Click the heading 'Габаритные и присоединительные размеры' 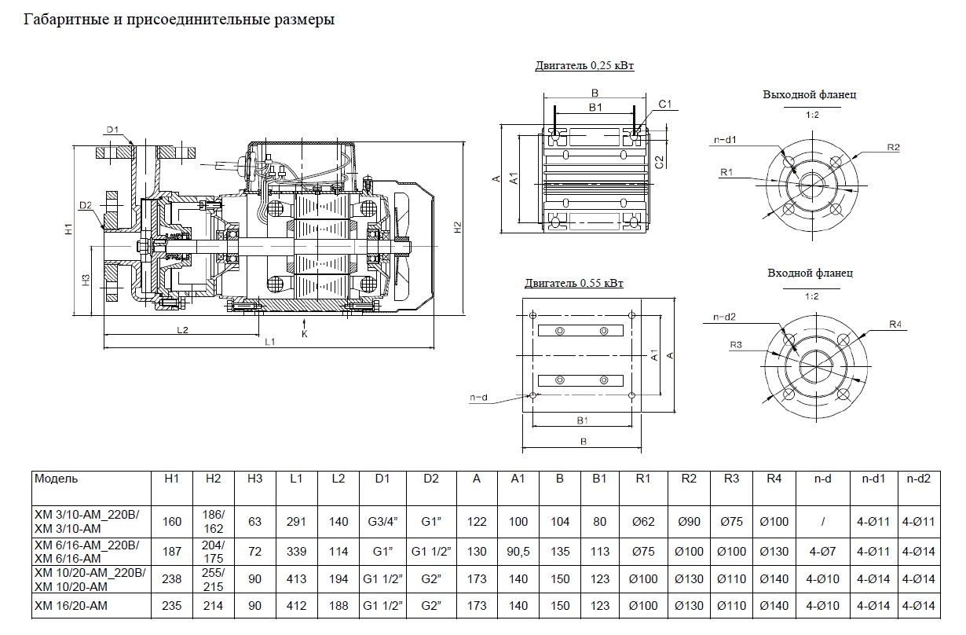[180, 20]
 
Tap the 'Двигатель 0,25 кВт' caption [584, 66]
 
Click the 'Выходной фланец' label [810, 94]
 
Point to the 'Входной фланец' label [810, 273]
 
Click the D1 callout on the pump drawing [112, 130]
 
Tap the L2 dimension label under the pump [181, 330]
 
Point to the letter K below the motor [305, 334]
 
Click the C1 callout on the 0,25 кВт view [664, 104]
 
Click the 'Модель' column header [56, 478]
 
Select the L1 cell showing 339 [296, 552]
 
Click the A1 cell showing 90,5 [518, 552]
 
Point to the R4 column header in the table [774, 478]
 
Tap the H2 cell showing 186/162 [214, 521]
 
